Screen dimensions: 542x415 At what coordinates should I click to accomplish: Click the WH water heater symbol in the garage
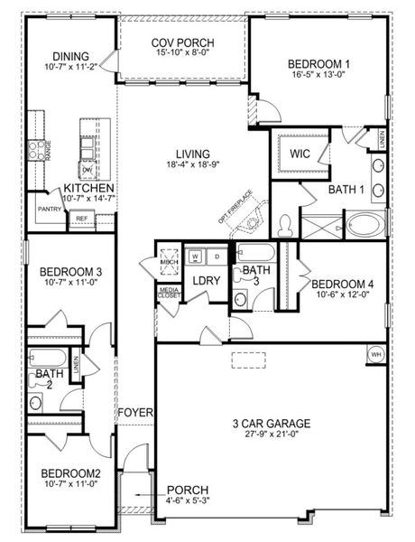(x=374, y=354)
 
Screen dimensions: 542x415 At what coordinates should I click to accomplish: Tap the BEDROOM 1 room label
(x=318, y=64)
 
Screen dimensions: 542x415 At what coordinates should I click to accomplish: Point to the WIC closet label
(x=300, y=153)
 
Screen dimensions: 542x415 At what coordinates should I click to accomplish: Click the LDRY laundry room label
(x=207, y=281)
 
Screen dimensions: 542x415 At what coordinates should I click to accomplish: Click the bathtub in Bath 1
(x=365, y=223)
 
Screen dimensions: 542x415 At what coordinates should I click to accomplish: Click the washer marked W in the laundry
(x=195, y=257)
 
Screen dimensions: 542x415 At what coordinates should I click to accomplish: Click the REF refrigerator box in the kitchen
(x=81, y=218)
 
